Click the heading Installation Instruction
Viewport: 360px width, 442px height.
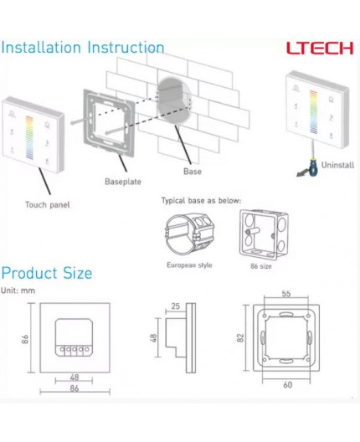pyautogui.click(x=82, y=48)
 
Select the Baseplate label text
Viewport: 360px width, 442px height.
pyautogui.click(x=123, y=180)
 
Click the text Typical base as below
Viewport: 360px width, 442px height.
pyautogui.click(x=200, y=201)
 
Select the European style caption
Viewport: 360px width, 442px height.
pyautogui.click(x=189, y=265)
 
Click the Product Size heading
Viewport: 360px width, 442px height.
pyautogui.click(x=47, y=273)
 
